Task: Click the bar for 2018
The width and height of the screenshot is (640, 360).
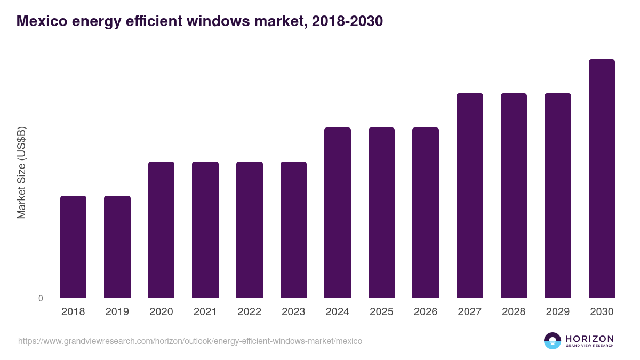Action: tap(73, 246)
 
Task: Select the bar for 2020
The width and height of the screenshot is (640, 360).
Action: tap(161, 229)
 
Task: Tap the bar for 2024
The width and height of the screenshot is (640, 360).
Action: tap(338, 212)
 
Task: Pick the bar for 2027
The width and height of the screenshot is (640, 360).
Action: tap(470, 195)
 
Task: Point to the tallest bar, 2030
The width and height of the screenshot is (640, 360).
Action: tap(602, 178)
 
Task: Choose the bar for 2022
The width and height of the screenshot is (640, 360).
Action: tap(250, 229)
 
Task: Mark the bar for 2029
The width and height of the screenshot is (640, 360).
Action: tap(558, 195)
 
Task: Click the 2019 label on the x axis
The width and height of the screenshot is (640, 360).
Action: tap(117, 312)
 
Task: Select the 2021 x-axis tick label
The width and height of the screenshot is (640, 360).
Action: tap(205, 312)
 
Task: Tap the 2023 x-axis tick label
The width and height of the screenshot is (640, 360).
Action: tap(293, 312)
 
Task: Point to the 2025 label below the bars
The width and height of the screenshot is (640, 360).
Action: tap(381, 312)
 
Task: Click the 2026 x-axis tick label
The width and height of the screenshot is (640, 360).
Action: tap(426, 312)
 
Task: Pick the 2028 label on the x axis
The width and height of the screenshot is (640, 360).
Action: tap(514, 312)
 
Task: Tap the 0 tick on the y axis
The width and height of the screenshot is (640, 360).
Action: tap(41, 298)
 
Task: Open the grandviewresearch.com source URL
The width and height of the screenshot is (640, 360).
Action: tap(190, 341)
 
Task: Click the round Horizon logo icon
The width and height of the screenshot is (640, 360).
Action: tap(553, 341)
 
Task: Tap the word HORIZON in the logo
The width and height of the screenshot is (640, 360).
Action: tap(589, 339)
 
